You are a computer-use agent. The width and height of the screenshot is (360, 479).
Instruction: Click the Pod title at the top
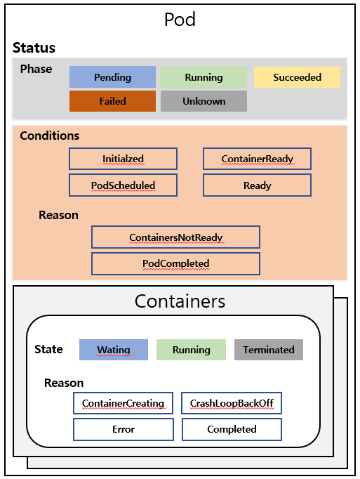pyautogui.click(x=180, y=20)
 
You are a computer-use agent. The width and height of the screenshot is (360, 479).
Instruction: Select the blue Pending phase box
pyautogui.click(x=112, y=77)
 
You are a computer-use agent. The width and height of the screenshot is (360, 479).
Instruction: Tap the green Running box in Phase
pyautogui.click(x=204, y=77)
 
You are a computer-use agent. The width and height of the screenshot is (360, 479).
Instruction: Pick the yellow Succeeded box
pyautogui.click(x=297, y=77)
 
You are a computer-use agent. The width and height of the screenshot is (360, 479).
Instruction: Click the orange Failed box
pyautogui.click(x=112, y=101)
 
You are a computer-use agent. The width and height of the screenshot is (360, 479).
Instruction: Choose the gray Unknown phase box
pyautogui.click(x=204, y=101)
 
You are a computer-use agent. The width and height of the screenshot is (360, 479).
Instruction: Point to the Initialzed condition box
pyautogui.click(x=123, y=159)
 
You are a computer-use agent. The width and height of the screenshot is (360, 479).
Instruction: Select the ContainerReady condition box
pyautogui.click(x=257, y=159)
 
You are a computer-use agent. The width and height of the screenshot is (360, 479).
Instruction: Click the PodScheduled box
pyautogui.click(x=123, y=185)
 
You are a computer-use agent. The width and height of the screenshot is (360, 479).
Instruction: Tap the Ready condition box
pyautogui.click(x=257, y=185)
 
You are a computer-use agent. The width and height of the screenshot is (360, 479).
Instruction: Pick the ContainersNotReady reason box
pyautogui.click(x=175, y=237)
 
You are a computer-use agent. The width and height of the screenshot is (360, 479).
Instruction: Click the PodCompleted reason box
pyautogui.click(x=175, y=263)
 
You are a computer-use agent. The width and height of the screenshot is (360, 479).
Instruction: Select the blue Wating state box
pyautogui.click(x=114, y=350)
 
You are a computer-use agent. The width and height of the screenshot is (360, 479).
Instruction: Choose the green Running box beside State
pyautogui.click(x=191, y=350)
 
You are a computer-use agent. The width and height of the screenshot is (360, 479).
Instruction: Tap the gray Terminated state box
pyautogui.click(x=269, y=350)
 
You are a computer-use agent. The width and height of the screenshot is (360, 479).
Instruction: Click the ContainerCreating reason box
pyautogui.click(x=123, y=403)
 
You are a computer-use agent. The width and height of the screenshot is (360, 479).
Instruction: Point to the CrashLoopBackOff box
pyautogui.click(x=232, y=403)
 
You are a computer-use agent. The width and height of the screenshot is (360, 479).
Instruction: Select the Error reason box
pyautogui.click(x=124, y=429)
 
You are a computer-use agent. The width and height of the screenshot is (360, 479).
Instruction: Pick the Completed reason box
pyautogui.click(x=232, y=429)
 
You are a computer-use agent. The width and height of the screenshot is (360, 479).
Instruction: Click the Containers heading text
pyautogui.click(x=180, y=301)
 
